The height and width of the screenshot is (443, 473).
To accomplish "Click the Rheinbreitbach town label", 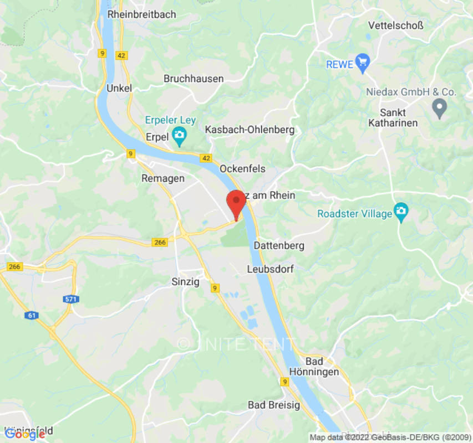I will click(141, 14).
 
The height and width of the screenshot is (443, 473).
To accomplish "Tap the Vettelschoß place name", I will click(395, 25).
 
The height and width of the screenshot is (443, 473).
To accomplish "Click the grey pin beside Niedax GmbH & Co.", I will click(440, 107).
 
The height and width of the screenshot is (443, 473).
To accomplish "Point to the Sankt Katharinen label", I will click(393, 117).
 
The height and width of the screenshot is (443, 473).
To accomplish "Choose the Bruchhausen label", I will click(194, 79).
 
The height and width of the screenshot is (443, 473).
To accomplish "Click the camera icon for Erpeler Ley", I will click(179, 135).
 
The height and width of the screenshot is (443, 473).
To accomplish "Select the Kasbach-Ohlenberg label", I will click(250, 130).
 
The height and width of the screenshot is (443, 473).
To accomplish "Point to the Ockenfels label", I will click(242, 168).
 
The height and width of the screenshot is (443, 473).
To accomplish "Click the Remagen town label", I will click(163, 178).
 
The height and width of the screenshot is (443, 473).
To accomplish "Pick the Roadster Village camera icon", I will click(400, 211).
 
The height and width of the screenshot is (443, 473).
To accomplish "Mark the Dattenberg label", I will click(279, 245).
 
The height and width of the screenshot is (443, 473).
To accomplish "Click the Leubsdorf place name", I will click(269, 269).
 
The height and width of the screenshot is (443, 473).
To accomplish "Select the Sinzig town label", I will click(185, 281).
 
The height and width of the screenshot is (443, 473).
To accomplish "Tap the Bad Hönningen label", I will click(314, 366).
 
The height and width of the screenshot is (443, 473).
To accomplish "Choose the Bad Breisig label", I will click(274, 405).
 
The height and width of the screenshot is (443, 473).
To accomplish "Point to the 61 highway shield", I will click(32, 315).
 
